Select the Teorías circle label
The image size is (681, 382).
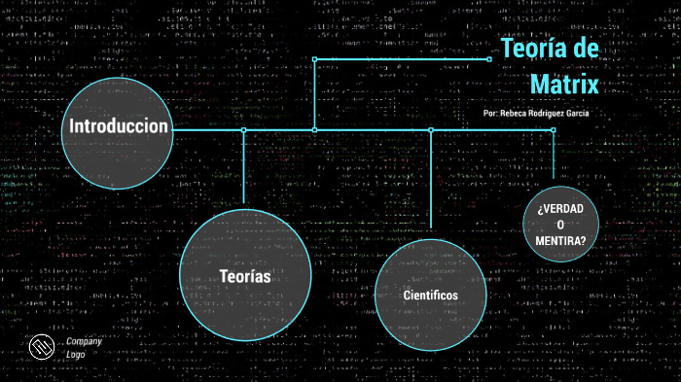tap(245, 277)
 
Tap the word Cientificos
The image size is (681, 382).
tap(430, 295)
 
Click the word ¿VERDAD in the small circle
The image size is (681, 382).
tap(560, 209)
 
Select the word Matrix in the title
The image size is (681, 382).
tap(564, 84)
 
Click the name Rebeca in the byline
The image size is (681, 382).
tap(518, 114)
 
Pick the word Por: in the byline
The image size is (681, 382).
tap(491, 114)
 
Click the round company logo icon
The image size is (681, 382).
tap(40, 347)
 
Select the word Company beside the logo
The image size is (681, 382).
tap(84, 341)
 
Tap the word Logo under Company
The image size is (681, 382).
tap(76, 354)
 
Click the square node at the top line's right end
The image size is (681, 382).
tap(488, 58)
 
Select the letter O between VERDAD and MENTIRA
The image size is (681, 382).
tap(560, 226)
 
